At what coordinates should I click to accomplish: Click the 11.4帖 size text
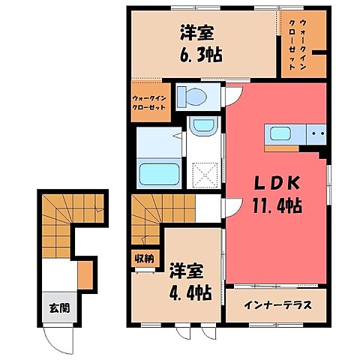click(x=277, y=205)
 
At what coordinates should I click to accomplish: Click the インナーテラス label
click(x=275, y=305)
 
